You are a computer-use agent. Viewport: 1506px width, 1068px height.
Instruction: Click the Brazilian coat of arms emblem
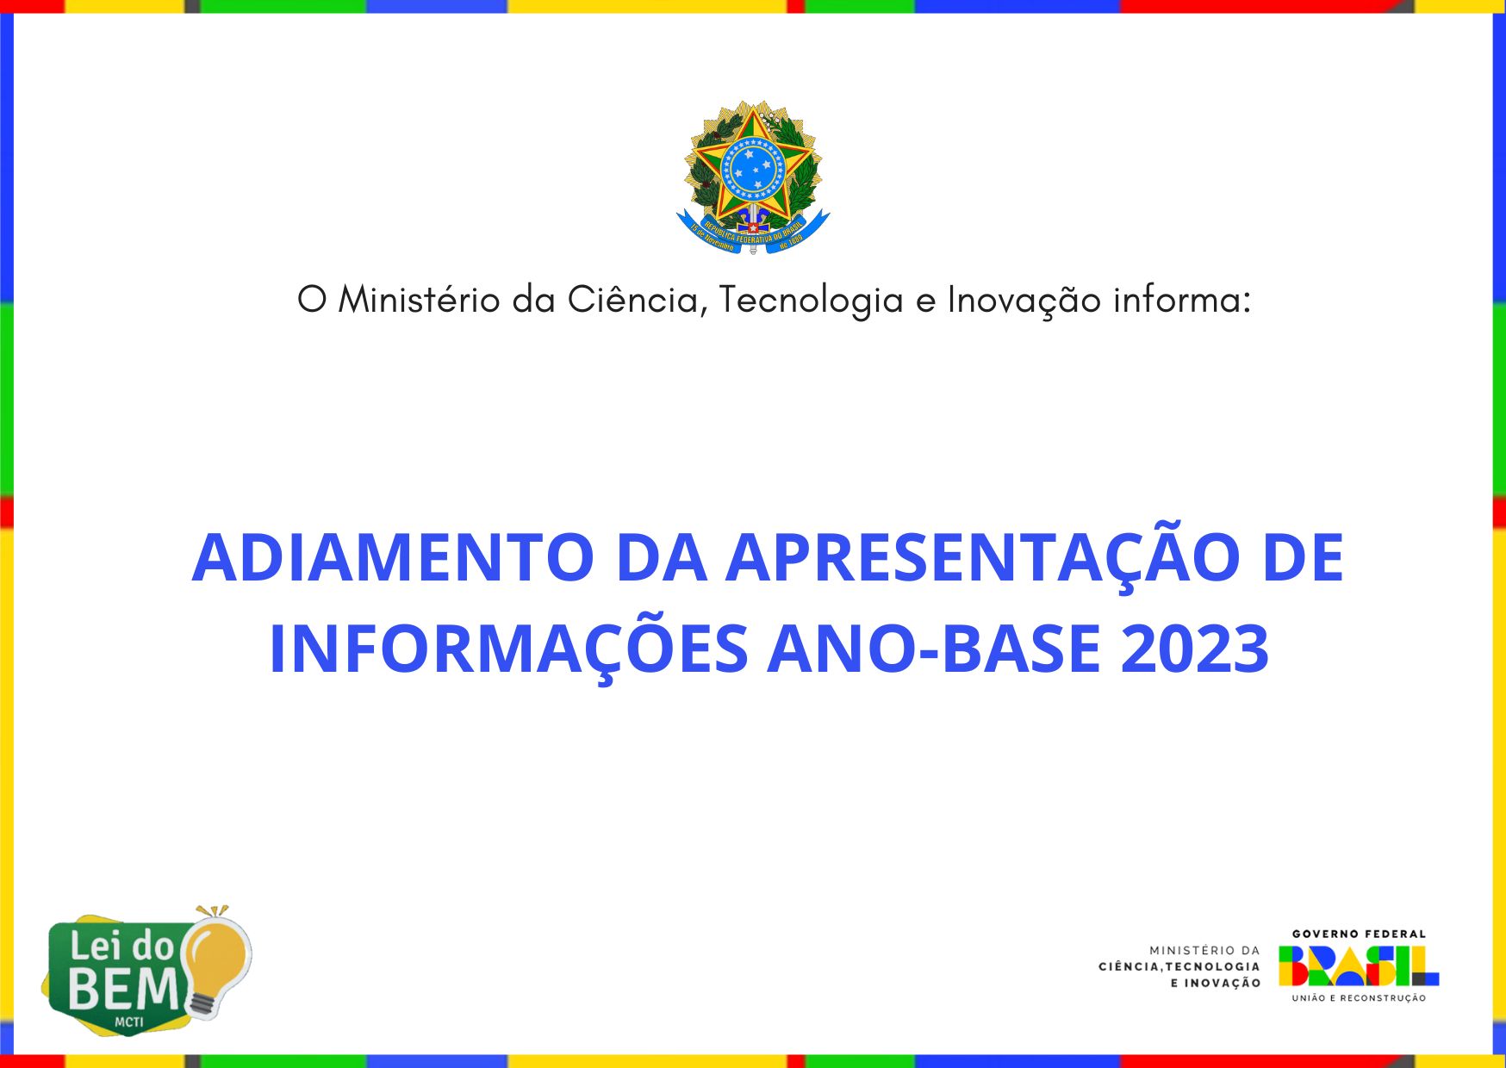[753, 177]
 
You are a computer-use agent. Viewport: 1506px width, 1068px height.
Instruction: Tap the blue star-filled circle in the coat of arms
[754, 167]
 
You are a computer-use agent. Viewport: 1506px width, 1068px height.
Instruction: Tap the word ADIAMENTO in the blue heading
[393, 558]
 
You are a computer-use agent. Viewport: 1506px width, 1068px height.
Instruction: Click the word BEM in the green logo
[124, 989]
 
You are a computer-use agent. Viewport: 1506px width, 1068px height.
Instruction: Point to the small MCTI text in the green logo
[129, 1022]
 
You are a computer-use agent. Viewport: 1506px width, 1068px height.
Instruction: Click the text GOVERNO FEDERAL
[1359, 934]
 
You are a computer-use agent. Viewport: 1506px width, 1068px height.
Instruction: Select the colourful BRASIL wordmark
[1359, 966]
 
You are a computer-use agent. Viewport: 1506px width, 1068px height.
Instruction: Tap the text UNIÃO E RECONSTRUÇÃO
[1359, 998]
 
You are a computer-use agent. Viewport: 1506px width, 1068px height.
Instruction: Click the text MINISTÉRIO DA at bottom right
[1204, 950]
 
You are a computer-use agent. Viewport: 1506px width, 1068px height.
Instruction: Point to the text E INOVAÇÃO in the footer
[1215, 983]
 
